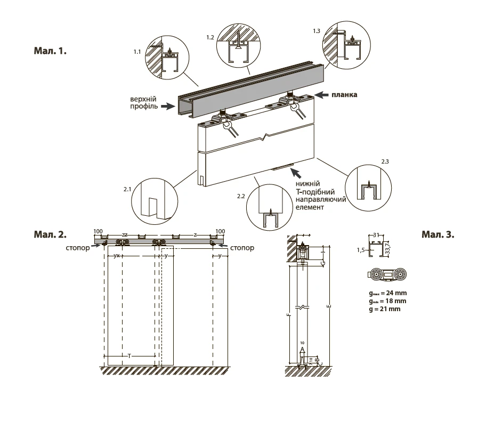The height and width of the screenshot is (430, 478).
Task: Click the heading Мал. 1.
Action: tap(50, 52)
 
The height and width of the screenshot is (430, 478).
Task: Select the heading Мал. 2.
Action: tap(50, 234)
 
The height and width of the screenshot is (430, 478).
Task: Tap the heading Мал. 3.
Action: tap(438, 234)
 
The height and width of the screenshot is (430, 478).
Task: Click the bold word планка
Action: tap(344, 94)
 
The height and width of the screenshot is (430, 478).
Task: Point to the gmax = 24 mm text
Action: tap(384, 293)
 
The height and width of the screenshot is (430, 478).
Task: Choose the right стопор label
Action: tap(243, 248)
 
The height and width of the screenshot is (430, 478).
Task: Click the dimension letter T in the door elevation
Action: tap(129, 355)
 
